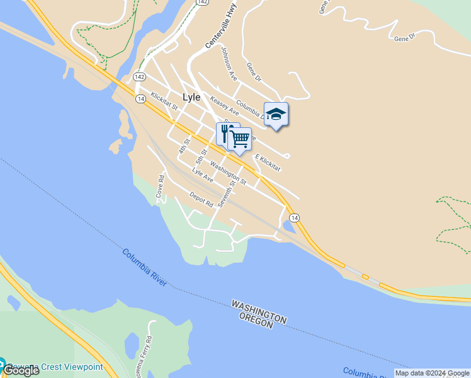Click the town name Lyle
191,98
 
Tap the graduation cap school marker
276,115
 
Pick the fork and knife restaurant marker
225,133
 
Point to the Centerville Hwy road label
216,29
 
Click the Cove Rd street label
160,188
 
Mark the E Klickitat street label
267,162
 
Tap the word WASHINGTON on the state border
259,311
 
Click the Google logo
20,370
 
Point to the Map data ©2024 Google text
432,373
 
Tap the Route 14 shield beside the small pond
295,217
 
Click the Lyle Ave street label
203,176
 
